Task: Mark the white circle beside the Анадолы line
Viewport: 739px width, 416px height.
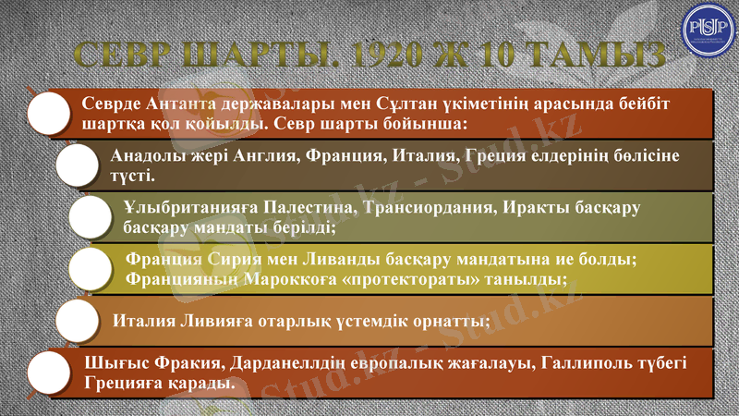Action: click(76, 165)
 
